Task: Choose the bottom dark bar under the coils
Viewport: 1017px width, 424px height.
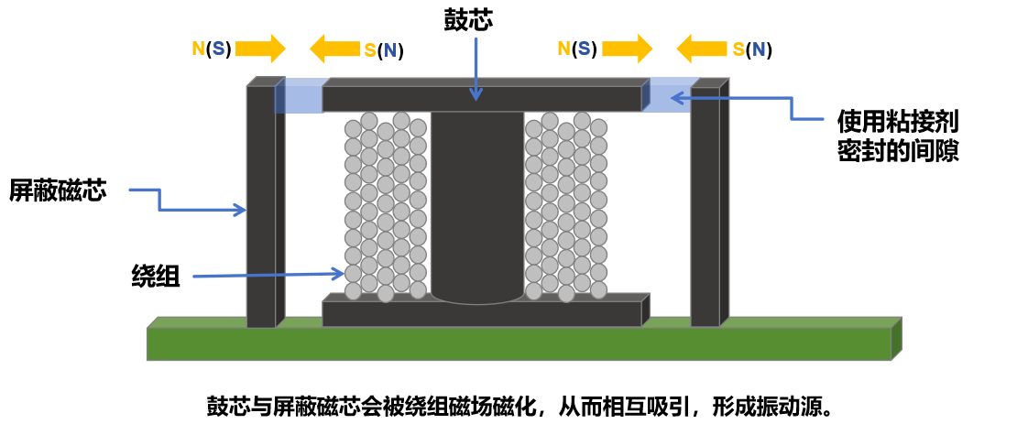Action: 481,314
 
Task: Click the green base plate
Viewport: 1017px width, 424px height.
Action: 518,344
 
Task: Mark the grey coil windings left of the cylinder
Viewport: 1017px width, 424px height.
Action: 385,206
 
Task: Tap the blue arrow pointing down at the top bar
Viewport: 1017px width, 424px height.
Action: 476,69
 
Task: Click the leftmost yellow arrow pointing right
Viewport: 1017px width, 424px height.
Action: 260,49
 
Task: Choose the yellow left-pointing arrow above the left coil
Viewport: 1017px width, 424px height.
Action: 334,49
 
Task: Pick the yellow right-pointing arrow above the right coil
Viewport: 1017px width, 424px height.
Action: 627,49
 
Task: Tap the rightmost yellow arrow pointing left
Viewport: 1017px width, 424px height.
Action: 701,49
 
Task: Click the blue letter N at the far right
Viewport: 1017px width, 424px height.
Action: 759,49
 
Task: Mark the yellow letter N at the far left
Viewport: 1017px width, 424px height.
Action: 198,49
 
